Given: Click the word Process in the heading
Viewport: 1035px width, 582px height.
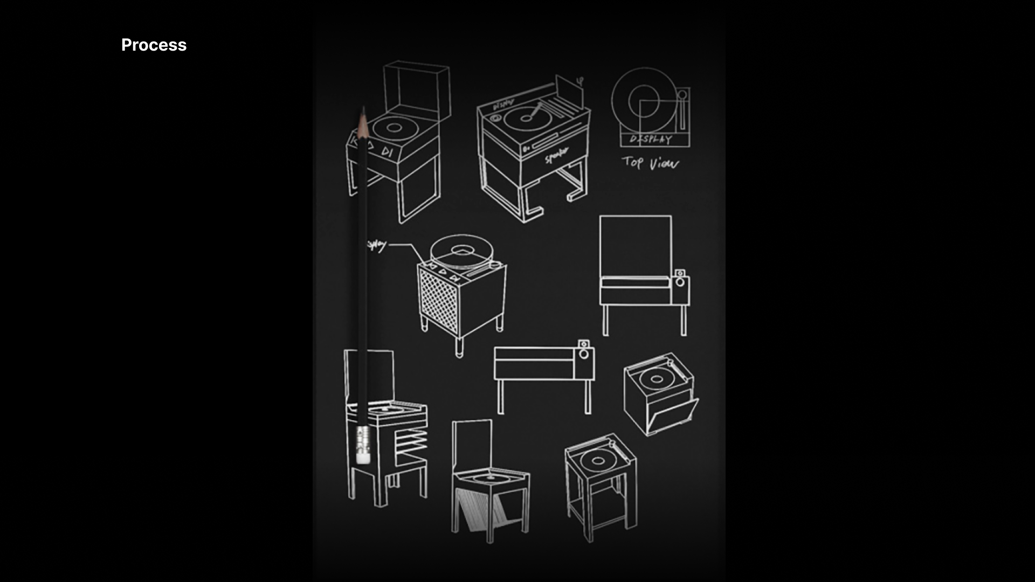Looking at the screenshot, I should pos(154,45).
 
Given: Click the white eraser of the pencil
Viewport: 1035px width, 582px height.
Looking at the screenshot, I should pos(363,457).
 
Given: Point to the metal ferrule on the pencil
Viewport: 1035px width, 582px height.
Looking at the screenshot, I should pos(363,438).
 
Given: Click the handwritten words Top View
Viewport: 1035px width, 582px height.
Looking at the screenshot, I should pos(650,162).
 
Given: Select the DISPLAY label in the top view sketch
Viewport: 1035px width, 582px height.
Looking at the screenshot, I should pos(651,140).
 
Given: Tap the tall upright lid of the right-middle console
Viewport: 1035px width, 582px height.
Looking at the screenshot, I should pos(635,246).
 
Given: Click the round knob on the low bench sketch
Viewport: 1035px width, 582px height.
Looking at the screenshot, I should pos(583,354).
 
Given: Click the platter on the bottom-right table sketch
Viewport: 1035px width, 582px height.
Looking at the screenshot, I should pos(597,461).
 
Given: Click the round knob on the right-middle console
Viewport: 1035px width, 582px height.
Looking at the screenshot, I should pos(680,282).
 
